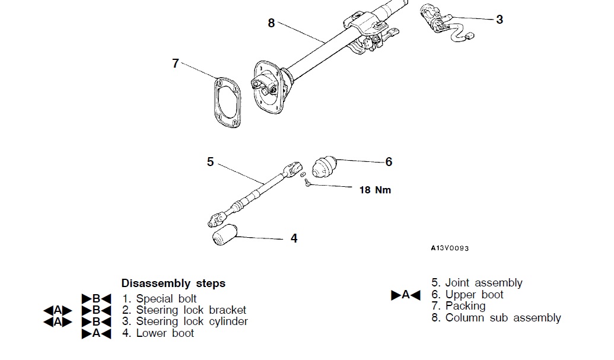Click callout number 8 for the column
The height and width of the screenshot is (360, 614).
[x=271, y=23]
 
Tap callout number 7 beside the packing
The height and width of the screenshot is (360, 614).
[x=175, y=63]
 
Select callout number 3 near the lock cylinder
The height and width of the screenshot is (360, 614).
[x=499, y=20]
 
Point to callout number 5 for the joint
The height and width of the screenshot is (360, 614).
[x=210, y=161]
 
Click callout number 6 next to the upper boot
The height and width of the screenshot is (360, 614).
[x=389, y=161]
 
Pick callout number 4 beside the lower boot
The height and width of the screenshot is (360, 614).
[x=294, y=238]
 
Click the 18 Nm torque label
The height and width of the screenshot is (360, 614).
[x=375, y=190]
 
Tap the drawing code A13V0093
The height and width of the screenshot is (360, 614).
[x=449, y=249]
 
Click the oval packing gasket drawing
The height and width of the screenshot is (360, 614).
[x=226, y=102]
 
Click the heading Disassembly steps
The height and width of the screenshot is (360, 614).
[x=173, y=283]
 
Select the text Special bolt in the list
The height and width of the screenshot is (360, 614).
[x=166, y=299]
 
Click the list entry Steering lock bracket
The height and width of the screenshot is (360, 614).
[x=191, y=310]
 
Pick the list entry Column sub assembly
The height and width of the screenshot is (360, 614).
[x=502, y=318]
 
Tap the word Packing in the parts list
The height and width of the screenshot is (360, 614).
[x=465, y=306]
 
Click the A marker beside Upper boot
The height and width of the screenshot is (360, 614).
[x=406, y=295]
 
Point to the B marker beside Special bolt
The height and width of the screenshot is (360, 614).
[x=96, y=299]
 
